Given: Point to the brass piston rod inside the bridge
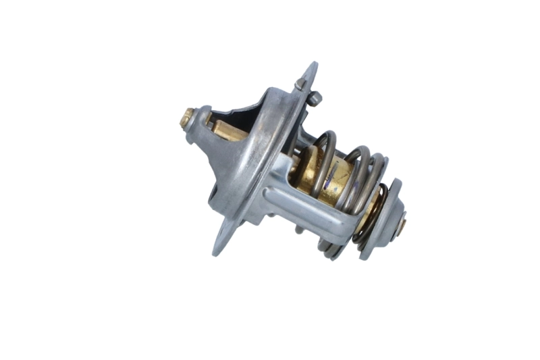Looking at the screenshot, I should (226, 129).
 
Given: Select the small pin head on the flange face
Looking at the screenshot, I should (300, 84).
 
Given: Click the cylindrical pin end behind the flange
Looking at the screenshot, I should (315, 98).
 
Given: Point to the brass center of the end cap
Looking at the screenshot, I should (402, 224).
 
